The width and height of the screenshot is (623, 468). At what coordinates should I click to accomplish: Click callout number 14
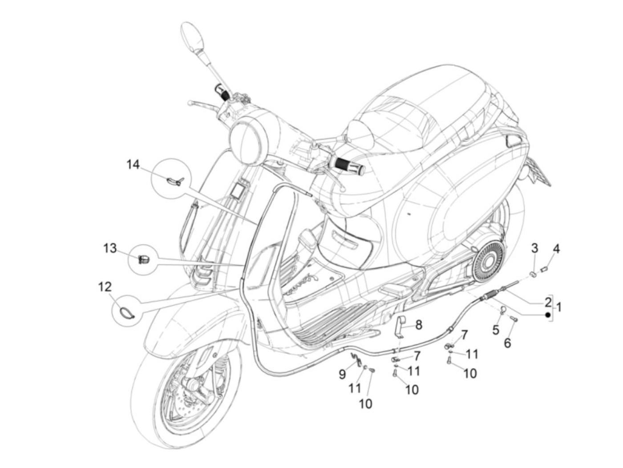click(133, 165)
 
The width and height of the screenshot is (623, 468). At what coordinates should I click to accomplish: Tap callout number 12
click(105, 287)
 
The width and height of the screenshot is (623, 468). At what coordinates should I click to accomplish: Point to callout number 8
click(419, 325)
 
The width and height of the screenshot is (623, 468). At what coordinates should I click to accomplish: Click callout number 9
click(342, 375)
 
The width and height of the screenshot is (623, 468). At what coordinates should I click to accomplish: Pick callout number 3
click(535, 248)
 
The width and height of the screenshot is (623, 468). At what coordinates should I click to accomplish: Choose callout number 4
click(556, 249)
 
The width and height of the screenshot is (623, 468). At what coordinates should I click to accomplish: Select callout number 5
click(496, 330)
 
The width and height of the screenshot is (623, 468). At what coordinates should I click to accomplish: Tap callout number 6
click(508, 343)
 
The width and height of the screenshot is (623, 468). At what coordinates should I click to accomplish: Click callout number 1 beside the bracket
click(559, 307)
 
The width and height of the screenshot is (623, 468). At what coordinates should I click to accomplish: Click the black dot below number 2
click(548, 315)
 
